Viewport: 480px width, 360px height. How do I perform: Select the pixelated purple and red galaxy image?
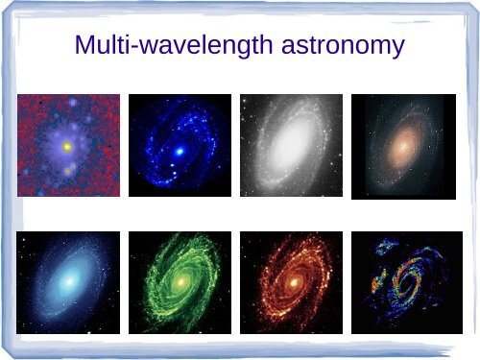(68, 145)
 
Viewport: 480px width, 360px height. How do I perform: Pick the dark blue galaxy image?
(180, 145)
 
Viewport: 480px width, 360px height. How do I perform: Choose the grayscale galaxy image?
(291, 145)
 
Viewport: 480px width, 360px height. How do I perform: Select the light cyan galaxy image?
(68, 282)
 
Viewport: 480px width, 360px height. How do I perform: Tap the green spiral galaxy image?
(180, 282)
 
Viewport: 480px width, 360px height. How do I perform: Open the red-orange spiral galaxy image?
(291, 282)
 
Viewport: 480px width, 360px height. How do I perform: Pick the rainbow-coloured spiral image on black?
(402, 282)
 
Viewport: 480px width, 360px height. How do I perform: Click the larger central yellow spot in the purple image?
(67, 148)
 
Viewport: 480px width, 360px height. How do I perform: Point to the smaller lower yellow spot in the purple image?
(66, 170)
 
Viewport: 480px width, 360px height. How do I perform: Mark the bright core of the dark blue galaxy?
(179, 152)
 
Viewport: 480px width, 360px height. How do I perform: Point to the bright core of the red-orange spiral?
(292, 283)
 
